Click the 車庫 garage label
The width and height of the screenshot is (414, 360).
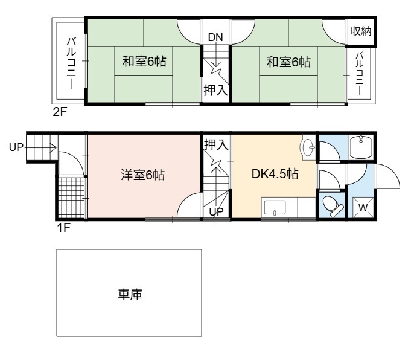click(x=130, y=294)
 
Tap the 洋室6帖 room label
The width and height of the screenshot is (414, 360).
click(x=143, y=175)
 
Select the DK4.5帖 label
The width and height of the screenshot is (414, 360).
click(x=275, y=174)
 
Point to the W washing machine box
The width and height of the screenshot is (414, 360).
click(x=363, y=208)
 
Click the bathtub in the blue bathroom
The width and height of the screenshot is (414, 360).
click(x=361, y=147)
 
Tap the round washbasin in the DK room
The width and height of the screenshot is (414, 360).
click(x=308, y=147)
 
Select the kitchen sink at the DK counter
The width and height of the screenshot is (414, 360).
click(x=275, y=208)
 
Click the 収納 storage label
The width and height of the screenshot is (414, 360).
click(x=361, y=31)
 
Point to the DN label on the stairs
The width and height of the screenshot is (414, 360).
click(x=215, y=37)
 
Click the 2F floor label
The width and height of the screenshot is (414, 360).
click(x=60, y=112)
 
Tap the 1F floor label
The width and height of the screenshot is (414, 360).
click(x=63, y=227)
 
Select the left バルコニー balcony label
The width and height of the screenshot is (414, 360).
click(x=71, y=62)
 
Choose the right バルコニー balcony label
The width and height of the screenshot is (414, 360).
click(x=359, y=74)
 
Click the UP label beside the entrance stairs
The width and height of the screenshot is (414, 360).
click(x=16, y=147)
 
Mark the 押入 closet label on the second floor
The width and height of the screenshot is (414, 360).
click(x=215, y=90)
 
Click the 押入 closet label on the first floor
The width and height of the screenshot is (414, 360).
click(x=216, y=144)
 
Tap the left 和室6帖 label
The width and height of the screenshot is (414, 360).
click(x=144, y=62)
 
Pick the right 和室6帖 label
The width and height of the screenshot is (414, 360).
click(x=288, y=62)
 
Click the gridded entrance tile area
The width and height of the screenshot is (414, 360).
click(x=71, y=197)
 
